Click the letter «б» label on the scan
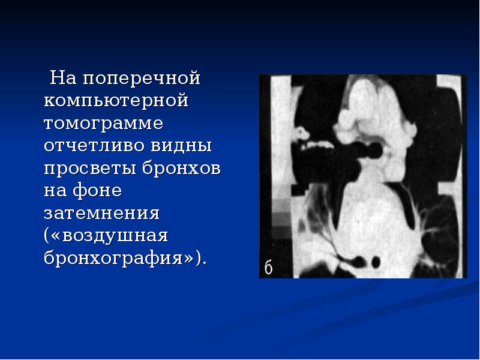268,267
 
